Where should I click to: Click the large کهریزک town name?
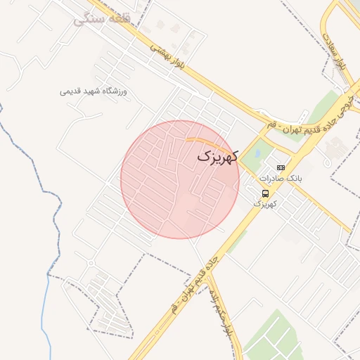tap(219, 157)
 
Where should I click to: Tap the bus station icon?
tap(265, 193)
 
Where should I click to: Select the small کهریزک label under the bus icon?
tap(265, 204)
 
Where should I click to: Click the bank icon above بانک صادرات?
tap(281, 167)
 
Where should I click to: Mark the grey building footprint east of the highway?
tap(335, 148)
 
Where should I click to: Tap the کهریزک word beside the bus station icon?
tap(265, 204)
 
